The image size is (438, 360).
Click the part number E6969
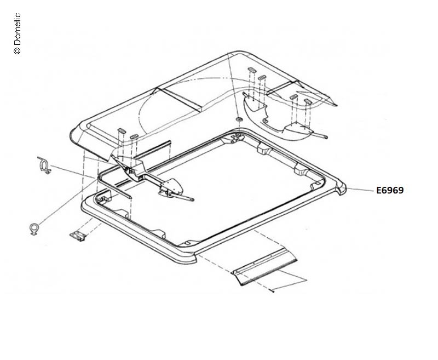[390, 190]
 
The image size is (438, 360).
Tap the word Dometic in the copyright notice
[17, 29]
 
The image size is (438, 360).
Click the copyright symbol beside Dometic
[17, 50]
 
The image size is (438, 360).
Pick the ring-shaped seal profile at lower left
[34, 228]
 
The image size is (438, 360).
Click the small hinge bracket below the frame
[77, 236]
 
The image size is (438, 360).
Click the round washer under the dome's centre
[239, 119]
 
